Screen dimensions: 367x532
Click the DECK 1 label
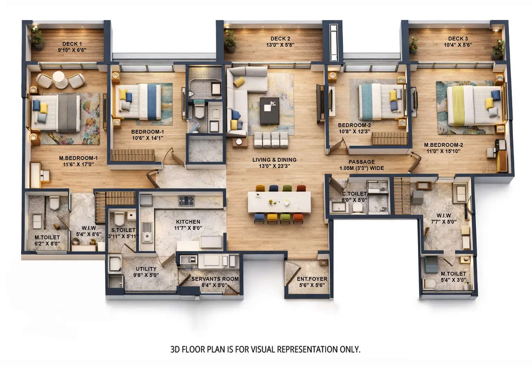72,44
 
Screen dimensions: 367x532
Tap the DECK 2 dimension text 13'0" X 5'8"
280,45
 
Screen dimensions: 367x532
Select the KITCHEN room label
188,222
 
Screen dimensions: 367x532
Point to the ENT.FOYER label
312,279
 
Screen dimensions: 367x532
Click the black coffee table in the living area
269,110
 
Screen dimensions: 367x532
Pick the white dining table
279,203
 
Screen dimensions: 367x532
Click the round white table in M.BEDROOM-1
60,80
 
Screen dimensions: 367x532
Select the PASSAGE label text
362,162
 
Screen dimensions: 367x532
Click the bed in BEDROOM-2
380,102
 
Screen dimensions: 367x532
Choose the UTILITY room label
146,269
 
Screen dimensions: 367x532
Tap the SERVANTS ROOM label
215,279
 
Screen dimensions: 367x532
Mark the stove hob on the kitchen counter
186,200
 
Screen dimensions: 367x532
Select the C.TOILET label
354,194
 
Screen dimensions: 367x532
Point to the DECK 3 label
458,38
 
